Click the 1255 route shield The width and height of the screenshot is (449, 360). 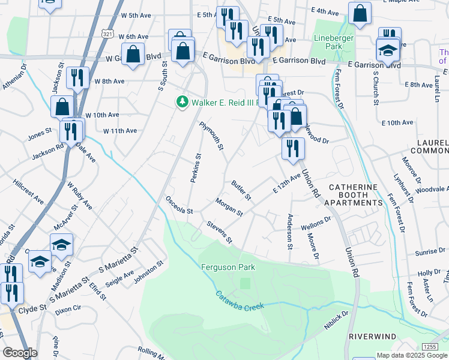click(429, 347)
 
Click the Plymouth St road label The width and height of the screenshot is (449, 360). click(211, 136)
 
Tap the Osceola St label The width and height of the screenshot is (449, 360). click(179, 206)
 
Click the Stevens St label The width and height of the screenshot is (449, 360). click(219, 233)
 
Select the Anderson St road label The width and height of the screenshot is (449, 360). click(289, 232)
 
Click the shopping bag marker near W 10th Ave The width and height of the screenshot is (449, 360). click(62, 107)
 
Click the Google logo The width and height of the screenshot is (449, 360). click(20, 353)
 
